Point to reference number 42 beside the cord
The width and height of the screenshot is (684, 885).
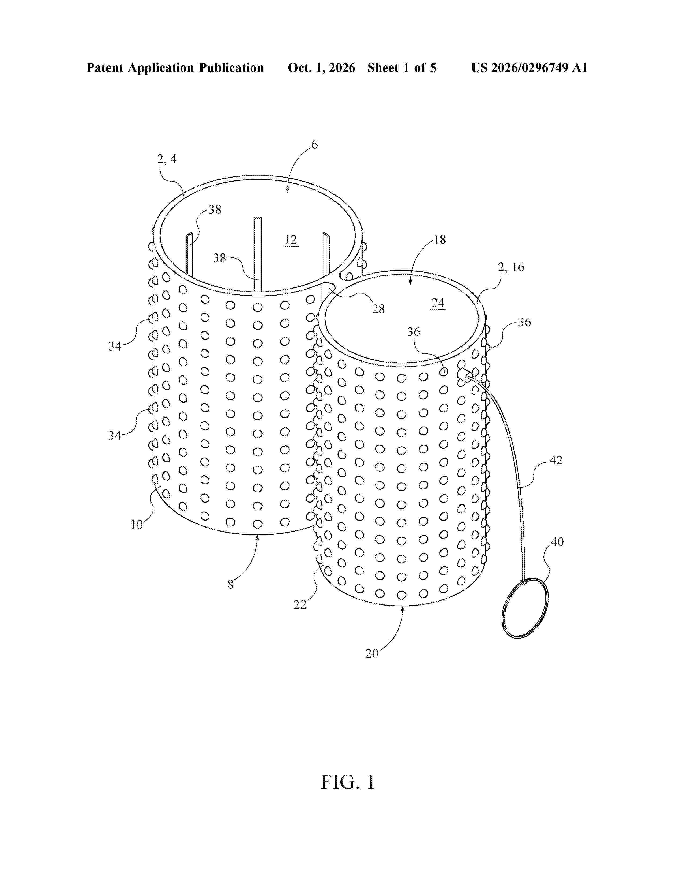(556, 460)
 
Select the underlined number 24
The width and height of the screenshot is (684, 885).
(438, 303)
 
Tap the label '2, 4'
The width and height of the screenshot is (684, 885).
(167, 159)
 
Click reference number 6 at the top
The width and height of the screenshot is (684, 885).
(314, 145)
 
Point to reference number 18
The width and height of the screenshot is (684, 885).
(440, 239)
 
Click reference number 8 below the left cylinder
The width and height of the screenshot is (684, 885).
(230, 584)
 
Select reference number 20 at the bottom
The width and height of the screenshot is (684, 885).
(372, 653)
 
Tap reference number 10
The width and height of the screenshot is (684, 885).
(137, 525)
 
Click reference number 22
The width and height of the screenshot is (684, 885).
(300, 604)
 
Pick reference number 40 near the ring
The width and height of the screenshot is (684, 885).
(557, 542)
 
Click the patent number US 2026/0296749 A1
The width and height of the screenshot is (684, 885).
(529, 68)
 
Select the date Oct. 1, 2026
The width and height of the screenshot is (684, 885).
(321, 68)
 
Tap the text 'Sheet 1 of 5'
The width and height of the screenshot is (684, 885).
(402, 68)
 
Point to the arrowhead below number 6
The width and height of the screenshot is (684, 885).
(287, 190)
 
